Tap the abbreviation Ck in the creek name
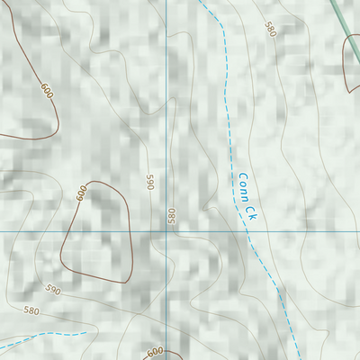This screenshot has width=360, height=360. click(x=248, y=211)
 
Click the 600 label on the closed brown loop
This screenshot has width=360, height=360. click(x=81, y=192)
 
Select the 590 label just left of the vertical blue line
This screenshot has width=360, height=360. click(x=151, y=182)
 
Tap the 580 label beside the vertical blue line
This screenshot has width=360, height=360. click(x=171, y=216)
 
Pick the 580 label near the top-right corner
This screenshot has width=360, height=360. click(x=269, y=30)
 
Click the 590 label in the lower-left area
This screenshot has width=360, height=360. click(x=52, y=291)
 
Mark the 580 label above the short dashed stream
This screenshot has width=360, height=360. click(x=32, y=310)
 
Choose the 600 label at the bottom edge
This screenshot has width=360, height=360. click(x=155, y=352)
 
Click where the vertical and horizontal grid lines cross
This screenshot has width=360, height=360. click(x=166, y=231)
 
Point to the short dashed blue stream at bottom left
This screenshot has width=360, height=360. click(x=45, y=338)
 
